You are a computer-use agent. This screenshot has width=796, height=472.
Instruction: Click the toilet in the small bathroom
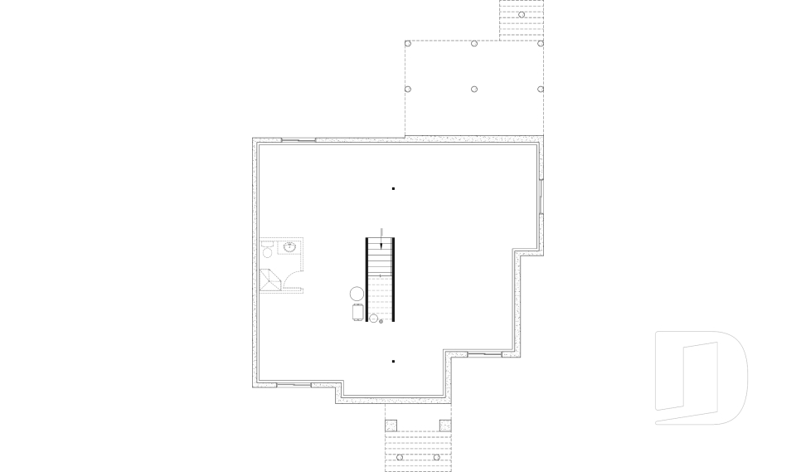point(268,247)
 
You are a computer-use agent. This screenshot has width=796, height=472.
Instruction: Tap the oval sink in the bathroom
point(290,246)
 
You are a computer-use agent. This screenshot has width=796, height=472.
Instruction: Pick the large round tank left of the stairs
point(357,294)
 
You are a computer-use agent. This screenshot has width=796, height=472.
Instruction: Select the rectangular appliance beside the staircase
point(358,312)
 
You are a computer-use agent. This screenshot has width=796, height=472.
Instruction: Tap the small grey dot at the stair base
point(381,321)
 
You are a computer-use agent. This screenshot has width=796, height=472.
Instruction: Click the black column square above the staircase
point(393,189)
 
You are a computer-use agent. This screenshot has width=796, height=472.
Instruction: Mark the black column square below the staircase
point(393,361)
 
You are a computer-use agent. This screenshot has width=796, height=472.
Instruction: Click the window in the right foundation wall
point(540,196)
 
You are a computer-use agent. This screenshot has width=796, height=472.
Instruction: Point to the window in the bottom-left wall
point(293,385)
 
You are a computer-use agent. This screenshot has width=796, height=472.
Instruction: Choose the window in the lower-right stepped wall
point(484,354)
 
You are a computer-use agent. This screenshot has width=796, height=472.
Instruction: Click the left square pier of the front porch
point(391,426)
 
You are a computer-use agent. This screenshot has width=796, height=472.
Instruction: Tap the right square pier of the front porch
point(445,426)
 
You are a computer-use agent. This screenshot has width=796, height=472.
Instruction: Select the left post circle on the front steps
point(400,458)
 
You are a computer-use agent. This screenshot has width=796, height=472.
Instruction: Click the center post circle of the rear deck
point(474,89)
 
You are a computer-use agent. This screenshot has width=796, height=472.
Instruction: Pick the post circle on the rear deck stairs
point(522,14)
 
